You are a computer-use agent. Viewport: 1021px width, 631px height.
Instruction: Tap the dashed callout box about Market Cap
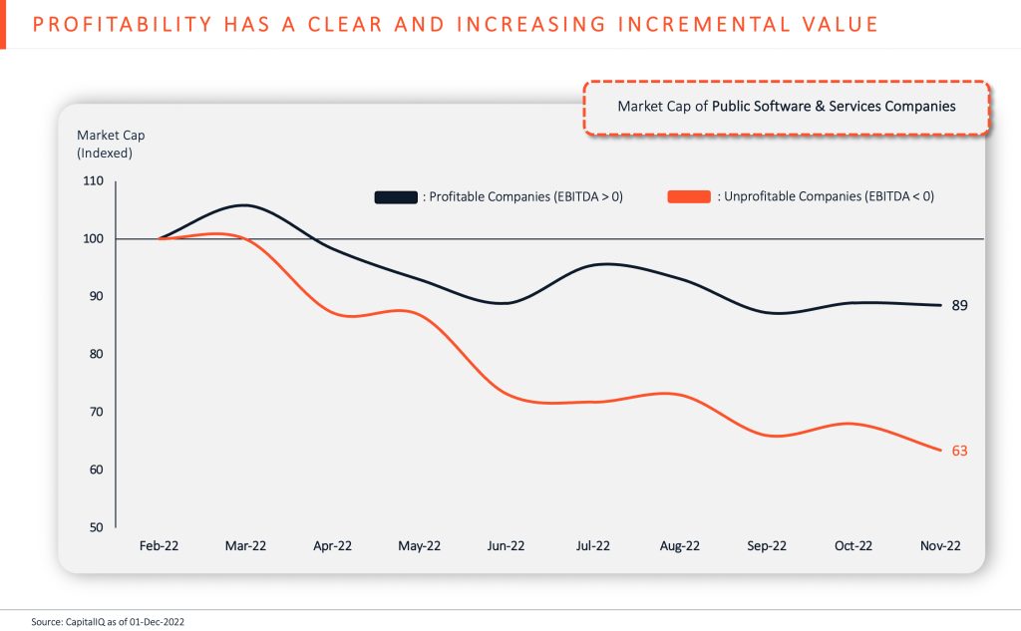click(x=786, y=107)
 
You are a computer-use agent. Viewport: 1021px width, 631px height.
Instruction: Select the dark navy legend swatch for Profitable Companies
click(x=396, y=197)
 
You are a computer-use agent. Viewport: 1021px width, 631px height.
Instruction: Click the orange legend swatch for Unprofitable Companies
click(x=689, y=197)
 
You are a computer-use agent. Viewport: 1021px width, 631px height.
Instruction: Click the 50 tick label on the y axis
click(x=93, y=527)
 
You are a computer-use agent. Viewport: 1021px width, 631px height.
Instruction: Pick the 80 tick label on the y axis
click(x=93, y=354)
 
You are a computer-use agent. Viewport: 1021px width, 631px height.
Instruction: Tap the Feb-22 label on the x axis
click(x=160, y=546)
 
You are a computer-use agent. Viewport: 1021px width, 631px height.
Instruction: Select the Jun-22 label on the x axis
click(x=507, y=546)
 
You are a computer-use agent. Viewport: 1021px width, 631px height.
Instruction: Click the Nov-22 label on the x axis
click(x=940, y=546)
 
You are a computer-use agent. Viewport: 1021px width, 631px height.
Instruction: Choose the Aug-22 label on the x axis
click(x=680, y=546)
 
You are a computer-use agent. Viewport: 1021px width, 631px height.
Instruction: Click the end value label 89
click(x=959, y=305)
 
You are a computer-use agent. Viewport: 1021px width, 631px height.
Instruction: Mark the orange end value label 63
click(x=959, y=451)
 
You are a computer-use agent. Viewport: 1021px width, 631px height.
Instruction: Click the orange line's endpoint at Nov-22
click(x=940, y=451)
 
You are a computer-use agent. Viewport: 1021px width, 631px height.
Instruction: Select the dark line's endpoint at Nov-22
click(x=940, y=305)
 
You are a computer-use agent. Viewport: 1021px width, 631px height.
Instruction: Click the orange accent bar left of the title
click(x=3, y=24)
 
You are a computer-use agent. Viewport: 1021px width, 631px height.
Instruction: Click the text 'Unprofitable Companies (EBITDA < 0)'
click(x=829, y=197)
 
